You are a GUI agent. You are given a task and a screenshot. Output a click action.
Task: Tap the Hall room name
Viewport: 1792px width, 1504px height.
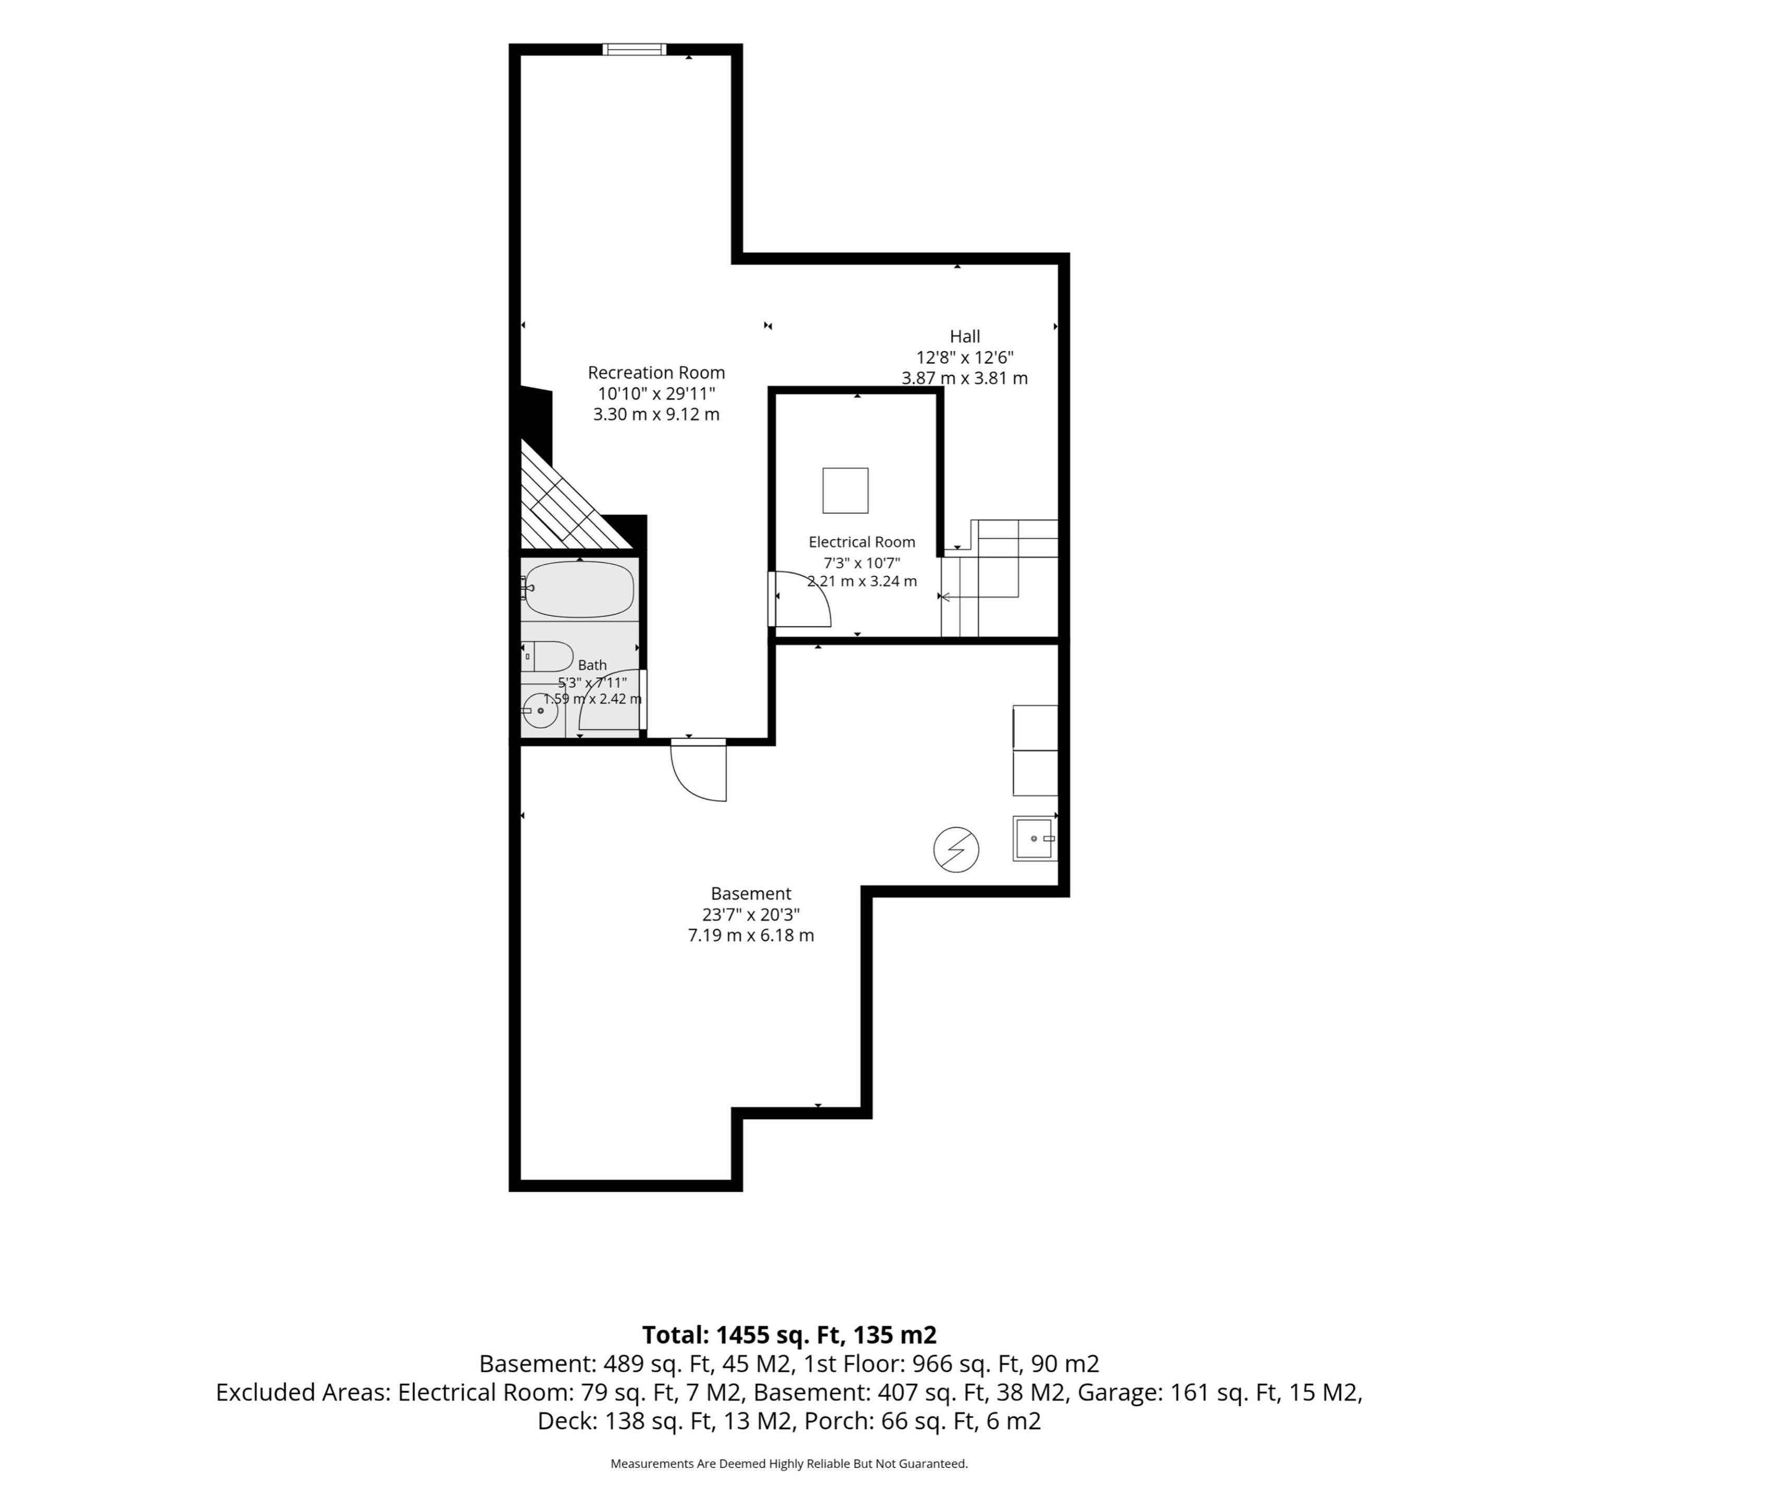[964, 336]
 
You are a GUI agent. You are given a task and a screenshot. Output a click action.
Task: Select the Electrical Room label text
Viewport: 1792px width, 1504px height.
[862, 542]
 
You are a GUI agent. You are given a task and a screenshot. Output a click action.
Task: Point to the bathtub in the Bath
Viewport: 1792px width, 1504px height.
[580, 589]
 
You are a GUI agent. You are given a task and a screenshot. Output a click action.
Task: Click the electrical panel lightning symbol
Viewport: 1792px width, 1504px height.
[956, 849]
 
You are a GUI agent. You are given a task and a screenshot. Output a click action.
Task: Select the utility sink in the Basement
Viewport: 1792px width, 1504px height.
[1035, 838]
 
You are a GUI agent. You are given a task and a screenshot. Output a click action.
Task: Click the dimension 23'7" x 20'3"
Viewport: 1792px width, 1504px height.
[751, 914]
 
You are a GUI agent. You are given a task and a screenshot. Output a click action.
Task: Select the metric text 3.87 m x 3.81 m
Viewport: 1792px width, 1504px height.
[964, 378]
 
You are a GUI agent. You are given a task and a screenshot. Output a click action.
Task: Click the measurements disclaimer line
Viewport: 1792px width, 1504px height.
[789, 1464]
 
